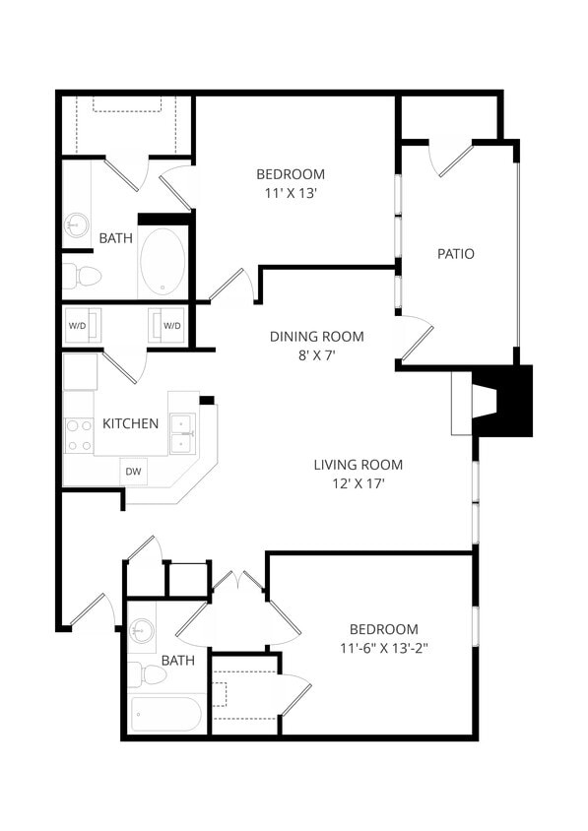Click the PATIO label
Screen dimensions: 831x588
455,254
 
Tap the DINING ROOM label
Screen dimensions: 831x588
316,337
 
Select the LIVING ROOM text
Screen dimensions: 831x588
358,465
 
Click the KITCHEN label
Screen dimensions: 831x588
130,423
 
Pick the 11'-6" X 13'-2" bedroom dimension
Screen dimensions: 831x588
384,649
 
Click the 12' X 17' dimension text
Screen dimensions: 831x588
359,484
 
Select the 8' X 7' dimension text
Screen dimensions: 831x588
317,355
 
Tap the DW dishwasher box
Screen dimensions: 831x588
133,472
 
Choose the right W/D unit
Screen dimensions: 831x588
169,325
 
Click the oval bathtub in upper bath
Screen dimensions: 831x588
163,261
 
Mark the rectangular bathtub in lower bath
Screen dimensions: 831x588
166,714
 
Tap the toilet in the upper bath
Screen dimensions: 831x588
83,275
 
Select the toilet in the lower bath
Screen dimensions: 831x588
147,674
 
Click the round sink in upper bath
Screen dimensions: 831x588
77,225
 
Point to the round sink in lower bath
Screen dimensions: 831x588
143,629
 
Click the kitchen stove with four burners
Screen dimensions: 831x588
79,434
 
